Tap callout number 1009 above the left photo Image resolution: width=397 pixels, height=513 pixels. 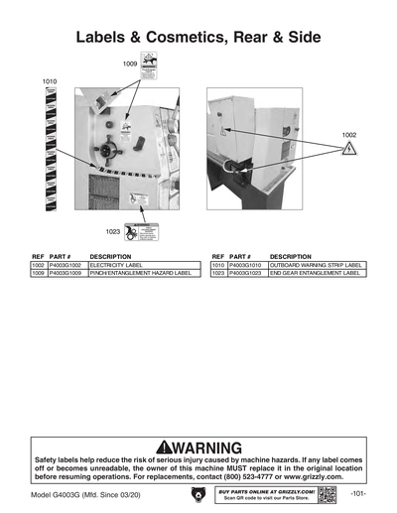pyautogui.click(x=130, y=63)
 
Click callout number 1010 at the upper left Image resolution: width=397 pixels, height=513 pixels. pyautogui.click(x=50, y=78)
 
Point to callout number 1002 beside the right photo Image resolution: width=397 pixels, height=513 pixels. pyautogui.click(x=349, y=134)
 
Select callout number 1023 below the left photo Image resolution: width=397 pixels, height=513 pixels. pyautogui.click(x=113, y=231)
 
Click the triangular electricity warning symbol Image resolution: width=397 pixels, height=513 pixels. pyautogui.click(x=348, y=149)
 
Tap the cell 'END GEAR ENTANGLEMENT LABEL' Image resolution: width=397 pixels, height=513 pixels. pyautogui.click(x=314, y=273)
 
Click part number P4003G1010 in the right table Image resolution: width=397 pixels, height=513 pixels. pyautogui.click(x=248, y=266)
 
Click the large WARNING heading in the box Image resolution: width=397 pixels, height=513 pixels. pyautogui.click(x=198, y=447)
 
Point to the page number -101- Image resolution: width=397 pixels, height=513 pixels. pyautogui.click(x=358, y=493)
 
